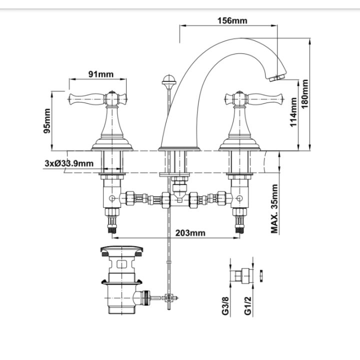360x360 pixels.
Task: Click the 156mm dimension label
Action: pos(232,20)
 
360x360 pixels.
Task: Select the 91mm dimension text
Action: pos(101,74)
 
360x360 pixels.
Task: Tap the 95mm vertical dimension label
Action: pos(47,121)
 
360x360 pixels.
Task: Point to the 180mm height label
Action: pos(304,94)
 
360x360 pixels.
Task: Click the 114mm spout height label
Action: pos(293,112)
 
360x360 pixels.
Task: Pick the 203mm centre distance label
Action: pos(190,233)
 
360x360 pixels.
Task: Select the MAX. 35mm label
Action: pos(274,208)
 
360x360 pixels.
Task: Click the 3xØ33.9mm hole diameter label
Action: pos(69,163)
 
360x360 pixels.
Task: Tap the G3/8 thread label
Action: pos(225,305)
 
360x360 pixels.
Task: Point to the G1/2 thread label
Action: pos(248,305)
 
